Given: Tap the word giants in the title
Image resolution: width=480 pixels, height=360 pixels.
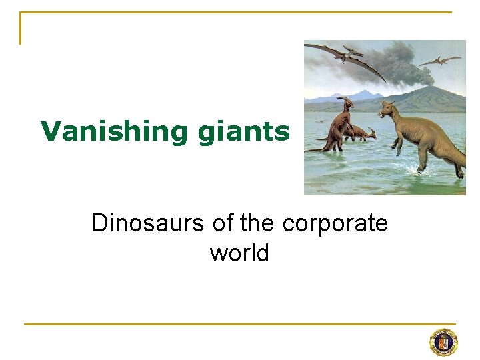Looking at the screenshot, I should pyautogui.click(x=243, y=131).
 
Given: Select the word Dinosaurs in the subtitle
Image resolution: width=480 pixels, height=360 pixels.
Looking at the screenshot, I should pyautogui.click(x=148, y=223).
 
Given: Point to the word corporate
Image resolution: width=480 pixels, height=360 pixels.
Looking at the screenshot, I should pyautogui.click(x=335, y=223).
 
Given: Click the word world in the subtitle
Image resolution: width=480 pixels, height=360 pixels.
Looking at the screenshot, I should pyautogui.click(x=239, y=253).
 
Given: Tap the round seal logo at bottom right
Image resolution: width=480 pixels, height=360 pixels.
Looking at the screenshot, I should pyautogui.click(x=443, y=343).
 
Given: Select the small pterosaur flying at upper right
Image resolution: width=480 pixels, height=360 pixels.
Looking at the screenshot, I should pyautogui.click(x=440, y=61).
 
